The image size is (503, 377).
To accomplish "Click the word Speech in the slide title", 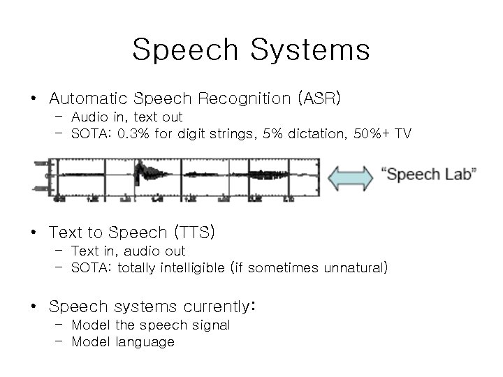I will (x=186, y=50).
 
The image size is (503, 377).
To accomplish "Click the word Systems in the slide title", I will (x=310, y=50).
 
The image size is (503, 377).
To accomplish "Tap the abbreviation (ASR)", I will (x=319, y=98).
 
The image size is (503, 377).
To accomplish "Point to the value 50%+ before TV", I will (x=367, y=133).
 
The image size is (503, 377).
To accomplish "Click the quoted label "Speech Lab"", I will (x=429, y=175).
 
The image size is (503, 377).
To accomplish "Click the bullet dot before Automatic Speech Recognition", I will (x=34, y=98).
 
